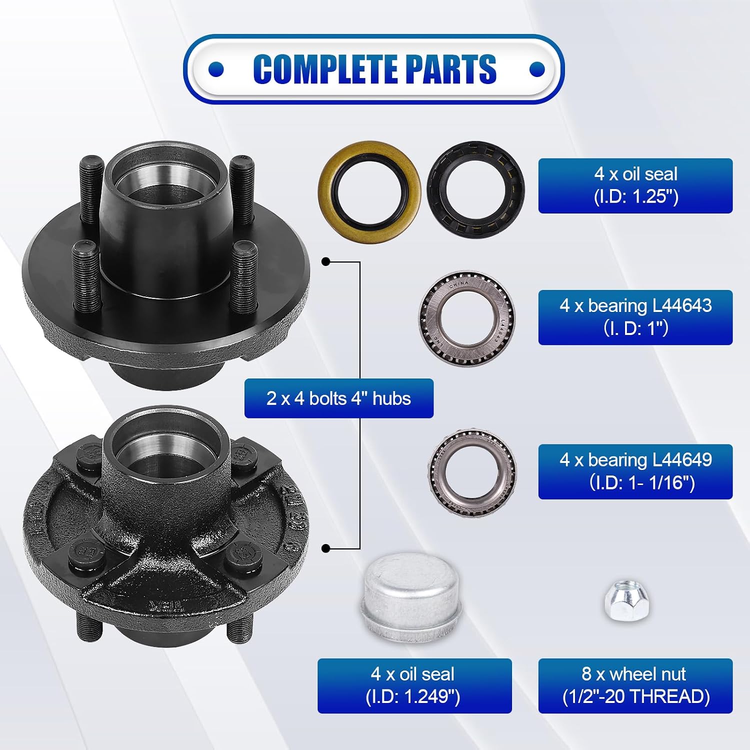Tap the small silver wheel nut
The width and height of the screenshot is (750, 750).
(626, 600)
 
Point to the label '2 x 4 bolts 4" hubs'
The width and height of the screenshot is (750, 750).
(338, 398)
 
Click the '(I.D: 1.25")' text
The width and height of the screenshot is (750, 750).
(636, 196)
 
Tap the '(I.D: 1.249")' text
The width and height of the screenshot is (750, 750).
(413, 696)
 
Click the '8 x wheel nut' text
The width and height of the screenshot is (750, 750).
(634, 674)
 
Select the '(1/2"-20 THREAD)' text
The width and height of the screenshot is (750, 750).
(636, 696)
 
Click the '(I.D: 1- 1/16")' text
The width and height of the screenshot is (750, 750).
(642, 482)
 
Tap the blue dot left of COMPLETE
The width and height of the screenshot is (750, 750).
(216, 69)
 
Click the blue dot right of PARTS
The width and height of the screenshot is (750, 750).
(537, 69)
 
